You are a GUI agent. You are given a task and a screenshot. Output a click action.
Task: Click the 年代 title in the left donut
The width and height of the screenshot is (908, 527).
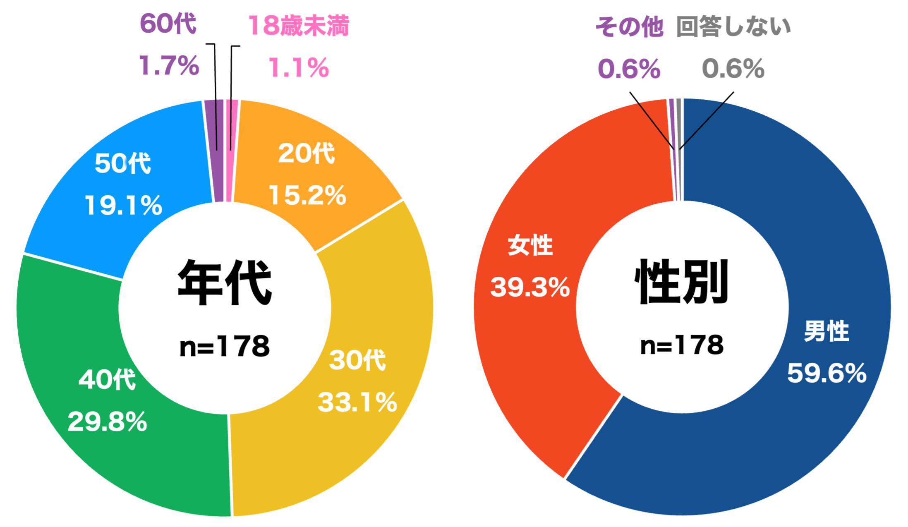click(225, 283)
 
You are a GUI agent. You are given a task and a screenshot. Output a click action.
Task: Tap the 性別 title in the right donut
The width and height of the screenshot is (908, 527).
click(682, 282)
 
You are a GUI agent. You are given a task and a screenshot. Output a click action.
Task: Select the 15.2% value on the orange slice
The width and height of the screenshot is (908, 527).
click(307, 195)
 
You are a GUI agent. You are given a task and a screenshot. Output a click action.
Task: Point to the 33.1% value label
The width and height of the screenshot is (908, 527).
click(357, 402)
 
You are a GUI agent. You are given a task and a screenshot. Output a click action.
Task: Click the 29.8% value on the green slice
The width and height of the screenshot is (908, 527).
click(107, 422)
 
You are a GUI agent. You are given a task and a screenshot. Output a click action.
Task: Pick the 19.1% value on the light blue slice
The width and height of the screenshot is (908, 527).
click(123, 206)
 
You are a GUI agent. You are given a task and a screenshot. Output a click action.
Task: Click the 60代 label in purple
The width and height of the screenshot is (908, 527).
click(168, 24)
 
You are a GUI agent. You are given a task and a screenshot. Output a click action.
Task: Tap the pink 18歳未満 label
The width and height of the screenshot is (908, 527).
click(299, 26)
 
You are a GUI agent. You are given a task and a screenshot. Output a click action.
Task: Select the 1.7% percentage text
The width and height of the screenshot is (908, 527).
click(169, 66)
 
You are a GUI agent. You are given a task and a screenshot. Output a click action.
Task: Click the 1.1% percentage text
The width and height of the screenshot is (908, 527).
click(299, 68)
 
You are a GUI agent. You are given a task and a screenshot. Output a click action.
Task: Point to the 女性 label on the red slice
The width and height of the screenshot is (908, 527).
click(530, 245)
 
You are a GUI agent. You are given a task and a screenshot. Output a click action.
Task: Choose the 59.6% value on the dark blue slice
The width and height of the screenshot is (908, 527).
click(827, 373)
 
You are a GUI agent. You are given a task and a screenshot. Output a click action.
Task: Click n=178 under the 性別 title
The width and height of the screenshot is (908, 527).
click(682, 345)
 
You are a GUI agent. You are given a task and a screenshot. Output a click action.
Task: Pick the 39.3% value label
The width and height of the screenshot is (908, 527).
click(530, 287)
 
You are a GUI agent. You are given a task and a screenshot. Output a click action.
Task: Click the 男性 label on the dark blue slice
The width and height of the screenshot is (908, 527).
click(827, 331)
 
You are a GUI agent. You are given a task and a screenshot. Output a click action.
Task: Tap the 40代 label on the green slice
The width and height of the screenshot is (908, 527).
click(107, 379)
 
